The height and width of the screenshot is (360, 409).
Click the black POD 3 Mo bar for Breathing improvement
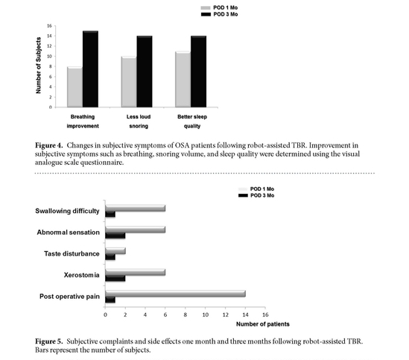(90, 69)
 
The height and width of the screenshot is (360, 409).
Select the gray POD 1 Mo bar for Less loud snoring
(129, 82)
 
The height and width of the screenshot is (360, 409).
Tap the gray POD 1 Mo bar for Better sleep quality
(183, 79)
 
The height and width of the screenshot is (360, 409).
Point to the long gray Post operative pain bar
(175, 294)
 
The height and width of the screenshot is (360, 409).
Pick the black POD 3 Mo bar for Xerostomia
(115, 278)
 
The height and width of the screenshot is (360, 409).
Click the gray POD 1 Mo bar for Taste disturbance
(115, 251)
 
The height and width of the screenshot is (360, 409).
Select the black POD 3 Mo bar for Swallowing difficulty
(110, 215)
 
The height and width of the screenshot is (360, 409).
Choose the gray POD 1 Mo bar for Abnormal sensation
(136, 230)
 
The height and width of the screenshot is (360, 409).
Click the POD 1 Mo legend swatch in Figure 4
(206, 8)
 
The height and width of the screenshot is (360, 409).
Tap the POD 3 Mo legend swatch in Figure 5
(243, 195)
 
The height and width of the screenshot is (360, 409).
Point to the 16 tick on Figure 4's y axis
(50, 25)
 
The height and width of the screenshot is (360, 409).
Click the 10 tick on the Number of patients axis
(206, 315)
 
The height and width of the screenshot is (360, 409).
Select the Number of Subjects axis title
(39, 66)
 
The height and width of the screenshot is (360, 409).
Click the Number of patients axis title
(263, 324)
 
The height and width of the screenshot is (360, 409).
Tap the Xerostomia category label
(82, 275)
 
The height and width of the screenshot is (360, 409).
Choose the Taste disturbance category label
(72, 253)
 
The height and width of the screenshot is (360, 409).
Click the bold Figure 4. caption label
(49, 145)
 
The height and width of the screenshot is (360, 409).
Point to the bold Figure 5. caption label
(49, 341)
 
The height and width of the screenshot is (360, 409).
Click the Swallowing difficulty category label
(67, 211)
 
